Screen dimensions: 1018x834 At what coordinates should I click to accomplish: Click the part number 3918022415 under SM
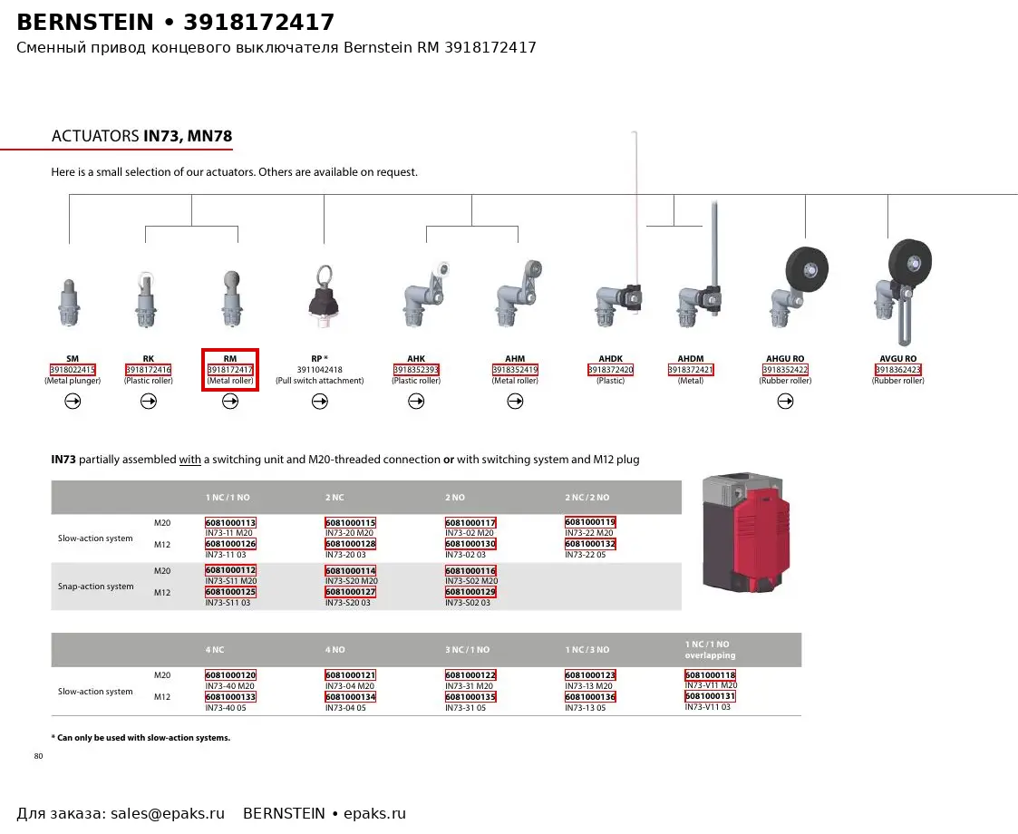73,369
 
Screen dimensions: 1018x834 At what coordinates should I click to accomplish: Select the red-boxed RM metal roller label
230,370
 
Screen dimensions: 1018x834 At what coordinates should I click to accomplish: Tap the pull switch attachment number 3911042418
319,369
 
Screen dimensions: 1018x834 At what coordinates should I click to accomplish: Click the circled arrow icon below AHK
416,402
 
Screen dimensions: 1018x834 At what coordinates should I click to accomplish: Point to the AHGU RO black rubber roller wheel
807,268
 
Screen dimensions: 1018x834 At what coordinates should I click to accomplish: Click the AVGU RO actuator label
898,358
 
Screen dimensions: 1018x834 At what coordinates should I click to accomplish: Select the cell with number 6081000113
230,522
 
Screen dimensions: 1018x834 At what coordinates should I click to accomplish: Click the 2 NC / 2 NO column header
587,497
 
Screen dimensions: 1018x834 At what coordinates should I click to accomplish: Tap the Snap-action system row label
95,587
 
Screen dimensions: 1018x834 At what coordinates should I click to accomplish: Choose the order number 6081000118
711,675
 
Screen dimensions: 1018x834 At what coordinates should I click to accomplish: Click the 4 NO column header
335,650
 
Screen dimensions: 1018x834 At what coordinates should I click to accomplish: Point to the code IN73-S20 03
348,603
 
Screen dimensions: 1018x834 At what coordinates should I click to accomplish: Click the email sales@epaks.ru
168,814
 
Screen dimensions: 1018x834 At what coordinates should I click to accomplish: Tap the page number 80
38,756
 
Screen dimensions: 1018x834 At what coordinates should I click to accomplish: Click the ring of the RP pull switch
325,276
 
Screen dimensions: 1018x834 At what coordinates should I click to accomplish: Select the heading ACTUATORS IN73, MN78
141,136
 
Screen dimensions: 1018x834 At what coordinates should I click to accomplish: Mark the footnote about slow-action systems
141,738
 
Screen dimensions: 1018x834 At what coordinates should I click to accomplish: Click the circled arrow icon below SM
73,402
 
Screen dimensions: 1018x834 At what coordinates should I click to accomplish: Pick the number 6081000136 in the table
590,697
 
